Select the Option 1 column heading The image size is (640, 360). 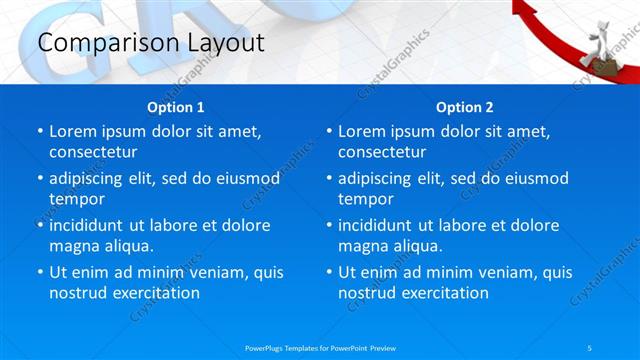(175, 106)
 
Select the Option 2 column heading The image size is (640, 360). (464, 106)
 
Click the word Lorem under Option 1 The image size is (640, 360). (73, 131)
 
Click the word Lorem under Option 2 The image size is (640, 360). (362, 131)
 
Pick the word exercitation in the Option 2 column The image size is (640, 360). (443, 293)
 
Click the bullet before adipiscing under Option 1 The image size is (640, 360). (40, 179)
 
